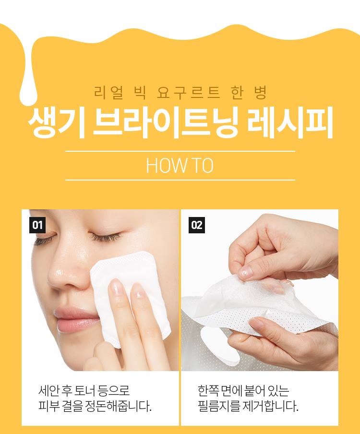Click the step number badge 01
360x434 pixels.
click(37, 225)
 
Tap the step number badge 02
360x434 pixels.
click(197, 225)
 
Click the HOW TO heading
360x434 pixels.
click(180, 166)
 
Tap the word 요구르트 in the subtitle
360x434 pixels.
click(189, 93)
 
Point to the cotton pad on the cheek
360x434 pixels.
click(129, 296)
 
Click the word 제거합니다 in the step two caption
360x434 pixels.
click(270, 406)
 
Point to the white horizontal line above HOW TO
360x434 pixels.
click(180, 151)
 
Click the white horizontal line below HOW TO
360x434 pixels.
click(180, 180)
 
